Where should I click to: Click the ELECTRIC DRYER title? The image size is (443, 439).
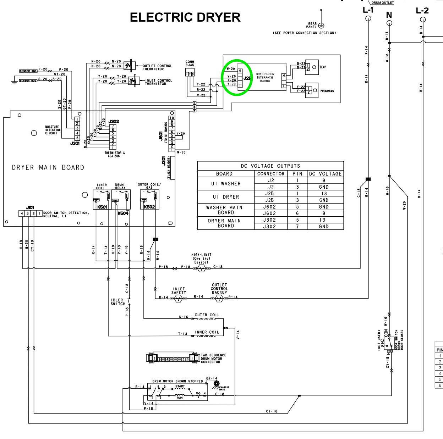point(185,17)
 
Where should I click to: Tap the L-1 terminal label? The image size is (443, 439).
point(368,10)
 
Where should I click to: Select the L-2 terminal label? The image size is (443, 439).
point(422,11)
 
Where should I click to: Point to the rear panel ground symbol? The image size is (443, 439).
point(321,26)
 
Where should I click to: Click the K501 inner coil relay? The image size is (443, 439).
point(102,200)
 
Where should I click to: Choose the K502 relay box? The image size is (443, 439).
point(149,200)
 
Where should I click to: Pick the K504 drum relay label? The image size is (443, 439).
point(123,213)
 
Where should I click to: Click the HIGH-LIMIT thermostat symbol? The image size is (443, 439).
point(201,268)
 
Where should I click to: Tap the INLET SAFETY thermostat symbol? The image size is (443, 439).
point(179,299)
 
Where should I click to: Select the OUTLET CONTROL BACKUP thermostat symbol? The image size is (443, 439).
point(219,299)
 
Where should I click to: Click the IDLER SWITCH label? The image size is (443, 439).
point(118,302)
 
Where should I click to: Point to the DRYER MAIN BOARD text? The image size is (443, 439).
point(48,167)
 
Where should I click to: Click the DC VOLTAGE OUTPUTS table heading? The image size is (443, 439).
point(270,166)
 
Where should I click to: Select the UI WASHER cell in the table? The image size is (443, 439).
point(226,184)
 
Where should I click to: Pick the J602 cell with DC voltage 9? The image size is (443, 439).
point(269,213)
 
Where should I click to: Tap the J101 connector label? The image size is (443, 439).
point(30,207)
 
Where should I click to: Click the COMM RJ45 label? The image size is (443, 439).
point(190,63)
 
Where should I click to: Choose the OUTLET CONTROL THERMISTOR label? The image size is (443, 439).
point(157,67)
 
